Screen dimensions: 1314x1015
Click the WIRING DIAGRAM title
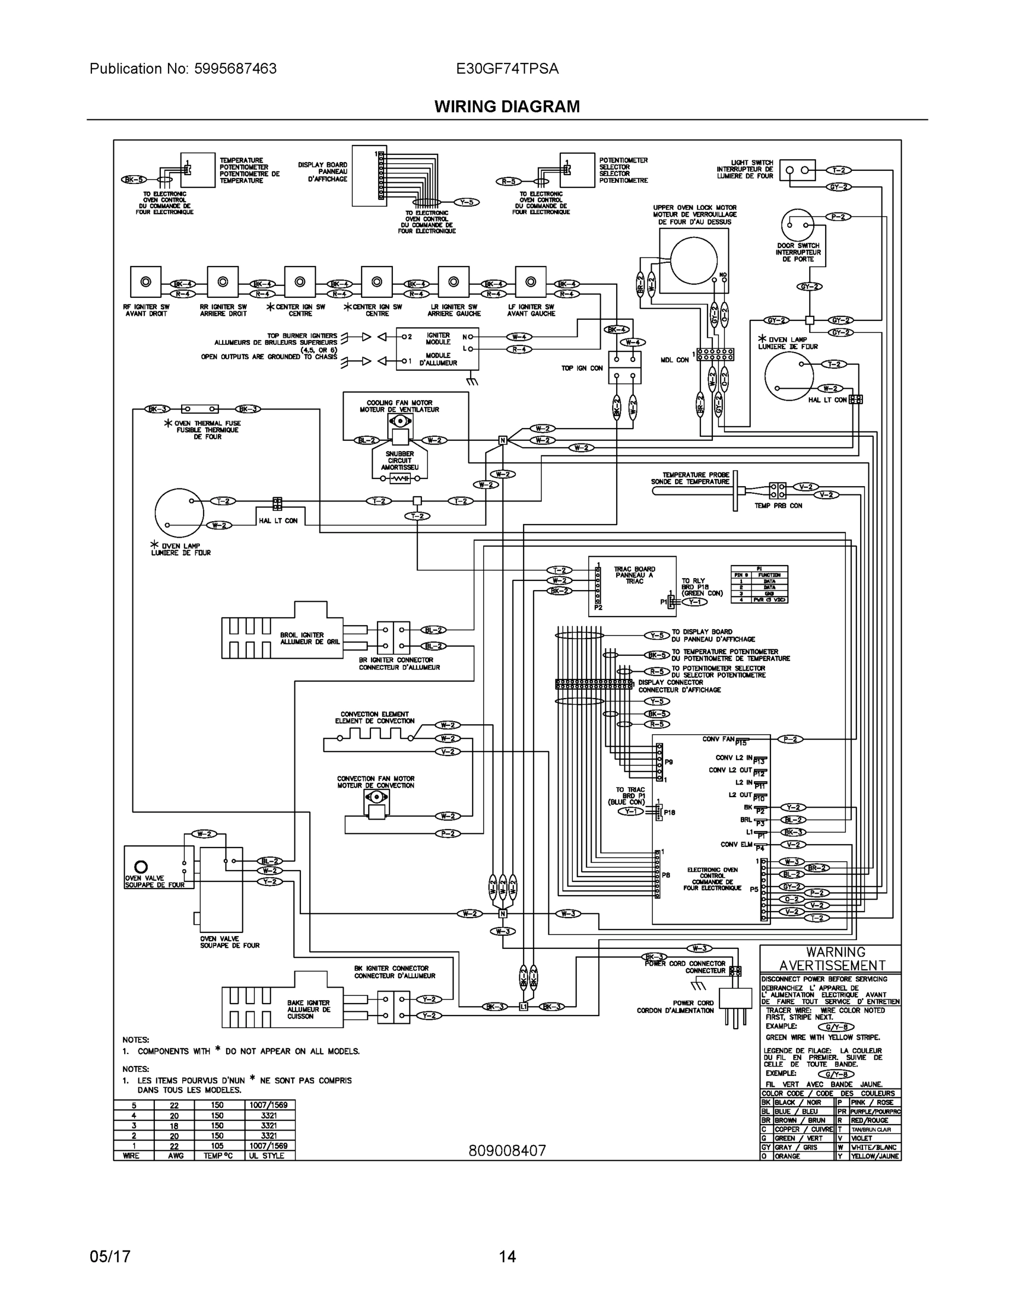tap(507, 107)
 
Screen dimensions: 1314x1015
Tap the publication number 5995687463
tap(235, 68)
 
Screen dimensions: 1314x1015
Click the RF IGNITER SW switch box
tap(146, 282)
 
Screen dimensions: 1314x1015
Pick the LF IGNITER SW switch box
tap(530, 282)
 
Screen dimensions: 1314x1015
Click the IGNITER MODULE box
tap(437, 349)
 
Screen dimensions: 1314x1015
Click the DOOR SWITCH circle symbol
tap(797, 225)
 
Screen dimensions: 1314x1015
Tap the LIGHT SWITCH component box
tap(797, 170)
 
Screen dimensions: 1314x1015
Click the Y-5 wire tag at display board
tap(466, 202)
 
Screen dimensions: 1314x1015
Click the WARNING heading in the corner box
tap(835, 952)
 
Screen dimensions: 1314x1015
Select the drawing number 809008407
tap(507, 1150)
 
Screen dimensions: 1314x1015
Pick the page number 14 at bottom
tap(507, 1257)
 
